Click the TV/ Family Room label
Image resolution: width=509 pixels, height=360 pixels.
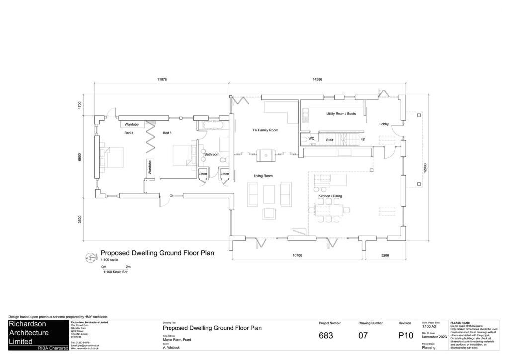(264, 130)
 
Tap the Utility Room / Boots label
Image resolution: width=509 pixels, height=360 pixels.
(341, 114)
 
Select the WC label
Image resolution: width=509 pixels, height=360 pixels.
(311, 139)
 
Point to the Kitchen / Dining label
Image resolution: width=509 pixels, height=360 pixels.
(330, 196)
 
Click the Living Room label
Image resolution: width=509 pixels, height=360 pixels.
(263, 176)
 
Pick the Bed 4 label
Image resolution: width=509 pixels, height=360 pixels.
(129, 133)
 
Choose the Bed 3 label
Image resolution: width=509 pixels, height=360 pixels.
(167, 133)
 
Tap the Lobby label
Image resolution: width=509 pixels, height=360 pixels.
(384, 124)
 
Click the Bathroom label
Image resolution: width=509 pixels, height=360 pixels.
(212, 155)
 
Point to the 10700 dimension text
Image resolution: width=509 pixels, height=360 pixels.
(297, 255)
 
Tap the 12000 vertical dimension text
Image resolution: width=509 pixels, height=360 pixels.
(425, 168)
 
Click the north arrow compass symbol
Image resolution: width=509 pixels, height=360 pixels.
(90, 257)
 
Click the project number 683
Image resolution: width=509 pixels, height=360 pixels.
(326, 336)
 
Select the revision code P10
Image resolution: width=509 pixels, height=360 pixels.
(406, 336)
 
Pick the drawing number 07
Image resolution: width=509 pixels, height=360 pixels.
(363, 336)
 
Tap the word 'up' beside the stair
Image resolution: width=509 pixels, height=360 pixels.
(363, 139)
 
